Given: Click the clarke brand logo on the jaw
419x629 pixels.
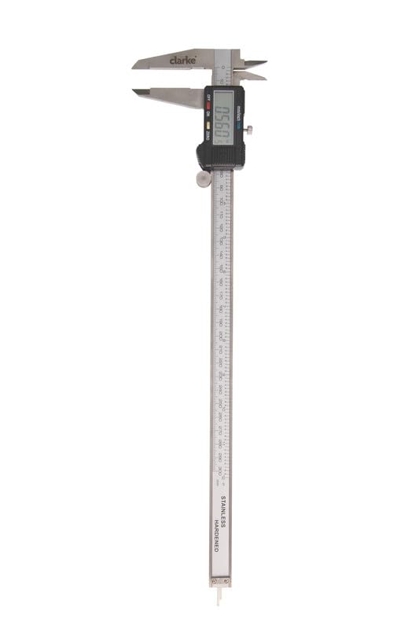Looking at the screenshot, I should click(x=182, y=59).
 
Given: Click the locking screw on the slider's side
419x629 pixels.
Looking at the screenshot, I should click(x=250, y=130).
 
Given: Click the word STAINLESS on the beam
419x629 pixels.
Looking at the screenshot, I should click(x=223, y=510).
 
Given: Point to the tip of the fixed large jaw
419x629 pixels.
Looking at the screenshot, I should click(x=135, y=67).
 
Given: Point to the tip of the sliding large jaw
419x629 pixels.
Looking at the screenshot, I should click(x=135, y=91).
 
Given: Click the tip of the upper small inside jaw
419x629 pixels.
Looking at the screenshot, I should click(x=265, y=63).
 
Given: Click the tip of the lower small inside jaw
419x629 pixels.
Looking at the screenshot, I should click(x=264, y=78).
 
